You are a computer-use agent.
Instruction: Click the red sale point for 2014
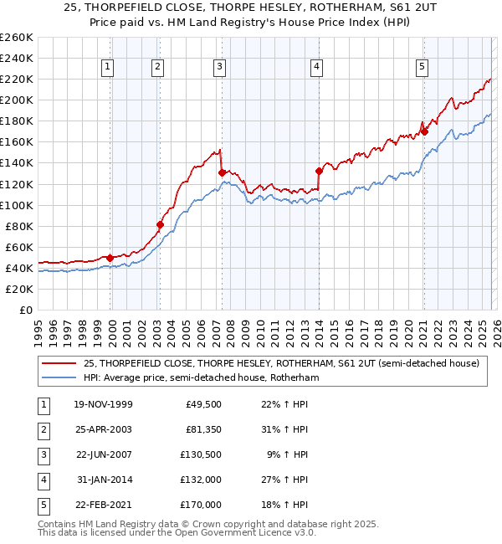point(319,171)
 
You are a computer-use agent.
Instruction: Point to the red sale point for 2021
point(424,131)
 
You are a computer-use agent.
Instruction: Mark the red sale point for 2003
point(160,224)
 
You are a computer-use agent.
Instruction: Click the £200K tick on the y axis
point(17,100)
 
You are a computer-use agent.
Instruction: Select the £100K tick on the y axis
point(17,205)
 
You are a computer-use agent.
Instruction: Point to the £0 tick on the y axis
point(25,310)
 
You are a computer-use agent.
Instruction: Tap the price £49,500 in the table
point(202,404)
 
